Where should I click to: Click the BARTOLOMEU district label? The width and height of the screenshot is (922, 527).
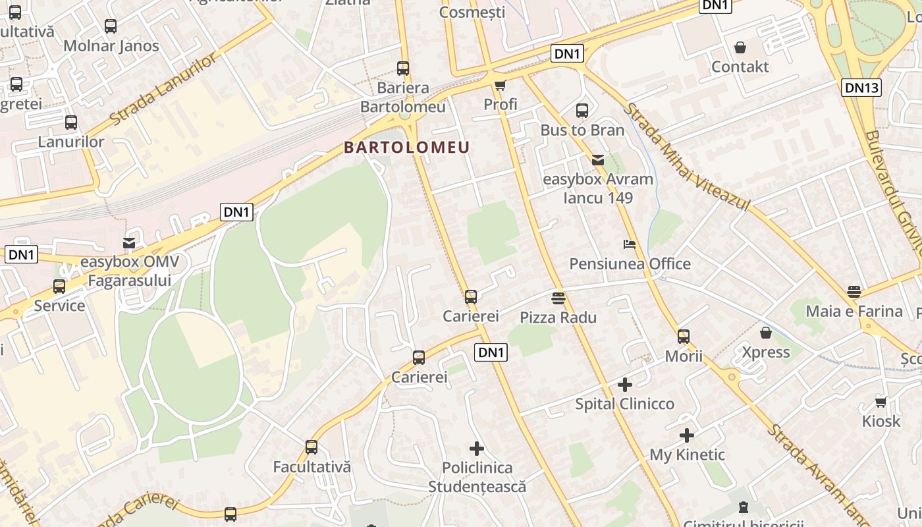tap(406, 148)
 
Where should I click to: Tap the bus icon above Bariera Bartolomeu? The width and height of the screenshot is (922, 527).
tap(402, 68)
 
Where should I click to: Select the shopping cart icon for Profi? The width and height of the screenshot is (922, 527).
tap(500, 85)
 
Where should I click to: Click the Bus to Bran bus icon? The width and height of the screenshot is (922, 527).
tap(582, 111)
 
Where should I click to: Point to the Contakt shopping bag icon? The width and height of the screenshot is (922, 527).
tap(740, 47)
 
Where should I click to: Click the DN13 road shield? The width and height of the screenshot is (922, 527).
tap(861, 88)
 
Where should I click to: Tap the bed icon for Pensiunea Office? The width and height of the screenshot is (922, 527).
tap(630, 244)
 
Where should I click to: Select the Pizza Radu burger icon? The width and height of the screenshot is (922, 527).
tap(558, 298)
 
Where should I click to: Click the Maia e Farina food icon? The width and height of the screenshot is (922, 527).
tap(854, 292)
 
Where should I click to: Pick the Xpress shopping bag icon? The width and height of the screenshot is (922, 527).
tap(765, 333)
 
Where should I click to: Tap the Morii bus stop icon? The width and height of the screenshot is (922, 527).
tap(684, 337)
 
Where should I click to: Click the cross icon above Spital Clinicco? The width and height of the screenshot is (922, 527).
tap(625, 384)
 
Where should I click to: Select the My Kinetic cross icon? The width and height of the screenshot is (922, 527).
tap(687, 435)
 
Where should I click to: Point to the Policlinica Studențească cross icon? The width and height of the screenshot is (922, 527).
tap(477, 449)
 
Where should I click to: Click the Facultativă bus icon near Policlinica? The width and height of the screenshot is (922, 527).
tap(312, 447)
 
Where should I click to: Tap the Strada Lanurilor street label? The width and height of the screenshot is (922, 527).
tap(163, 90)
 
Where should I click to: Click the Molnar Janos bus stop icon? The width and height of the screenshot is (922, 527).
tap(111, 26)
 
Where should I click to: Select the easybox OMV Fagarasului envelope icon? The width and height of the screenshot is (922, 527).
tap(129, 243)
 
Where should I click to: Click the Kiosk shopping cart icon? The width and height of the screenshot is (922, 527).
tap(881, 402)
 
